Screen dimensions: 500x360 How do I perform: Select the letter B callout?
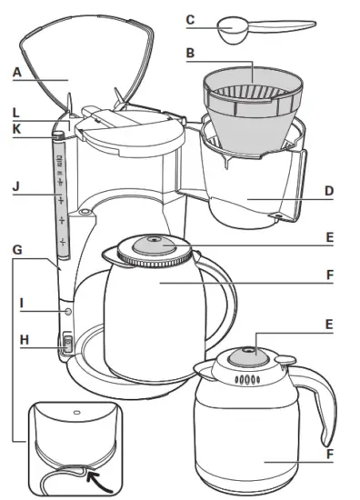coord(190,53)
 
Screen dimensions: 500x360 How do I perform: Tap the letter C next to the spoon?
coord(190,18)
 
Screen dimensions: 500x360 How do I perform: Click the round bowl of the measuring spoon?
coord(231,27)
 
